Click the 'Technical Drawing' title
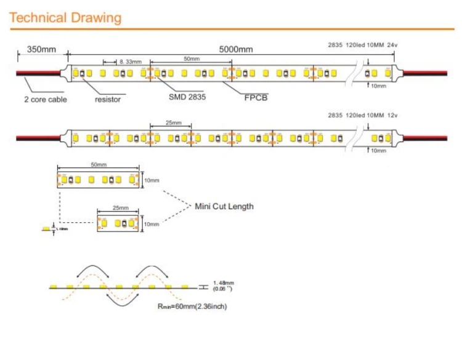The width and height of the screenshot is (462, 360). (65, 17)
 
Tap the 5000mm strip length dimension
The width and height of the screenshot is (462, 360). (236, 49)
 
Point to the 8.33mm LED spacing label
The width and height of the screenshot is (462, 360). (130, 62)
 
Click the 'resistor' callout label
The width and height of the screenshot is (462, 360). (108, 99)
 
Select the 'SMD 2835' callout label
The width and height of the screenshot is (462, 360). (187, 97)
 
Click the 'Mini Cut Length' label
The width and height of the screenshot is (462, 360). (224, 206)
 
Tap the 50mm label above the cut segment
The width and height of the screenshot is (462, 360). (99, 165)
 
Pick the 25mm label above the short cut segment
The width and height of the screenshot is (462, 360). (120, 209)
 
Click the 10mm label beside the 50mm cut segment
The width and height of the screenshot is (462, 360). (152, 181)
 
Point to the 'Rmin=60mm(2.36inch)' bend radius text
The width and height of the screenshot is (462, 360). (192, 306)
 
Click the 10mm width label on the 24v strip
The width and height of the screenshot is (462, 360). (378, 86)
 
